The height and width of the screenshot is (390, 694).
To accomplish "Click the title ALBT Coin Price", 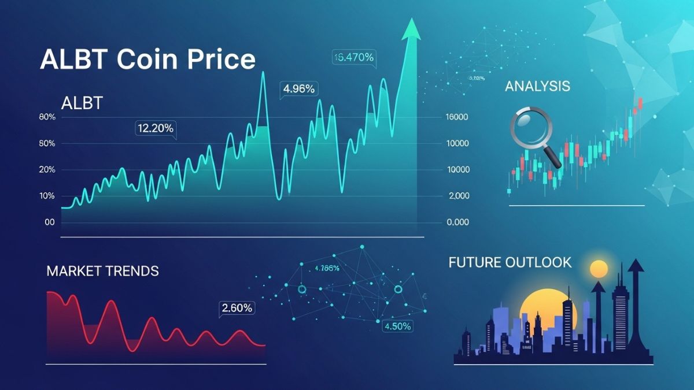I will click(x=147, y=60).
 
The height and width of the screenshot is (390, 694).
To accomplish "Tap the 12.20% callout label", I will click(x=155, y=128).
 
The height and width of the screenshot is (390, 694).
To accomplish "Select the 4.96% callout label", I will click(x=298, y=89).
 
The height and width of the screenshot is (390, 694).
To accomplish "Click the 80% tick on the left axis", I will click(x=47, y=117).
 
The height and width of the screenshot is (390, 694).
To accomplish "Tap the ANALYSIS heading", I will click(x=537, y=87).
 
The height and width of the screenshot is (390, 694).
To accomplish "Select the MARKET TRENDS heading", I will click(x=102, y=270).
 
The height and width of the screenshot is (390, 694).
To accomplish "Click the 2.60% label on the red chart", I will click(x=237, y=308).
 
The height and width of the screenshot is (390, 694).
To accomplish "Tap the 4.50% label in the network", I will click(x=397, y=326).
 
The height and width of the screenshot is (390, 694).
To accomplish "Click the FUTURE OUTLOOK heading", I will click(x=510, y=262).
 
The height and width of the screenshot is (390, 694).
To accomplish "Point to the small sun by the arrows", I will click(x=599, y=269).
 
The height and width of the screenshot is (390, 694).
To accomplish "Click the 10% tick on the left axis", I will click(x=47, y=196).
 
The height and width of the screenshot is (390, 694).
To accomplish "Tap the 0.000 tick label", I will click(x=458, y=222).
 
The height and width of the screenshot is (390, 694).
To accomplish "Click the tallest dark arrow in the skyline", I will click(x=636, y=272).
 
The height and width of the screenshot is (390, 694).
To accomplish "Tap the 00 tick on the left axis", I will click(x=49, y=222).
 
